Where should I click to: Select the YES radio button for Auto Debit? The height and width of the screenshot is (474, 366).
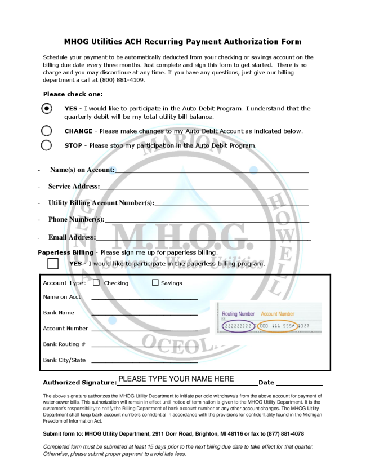[47, 108]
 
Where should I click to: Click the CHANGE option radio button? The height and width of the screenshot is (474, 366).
[47, 131]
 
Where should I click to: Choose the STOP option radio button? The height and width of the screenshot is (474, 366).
[47, 145]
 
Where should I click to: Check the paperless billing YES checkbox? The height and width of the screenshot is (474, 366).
[53, 263]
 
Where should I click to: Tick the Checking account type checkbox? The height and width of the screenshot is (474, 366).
[96, 283]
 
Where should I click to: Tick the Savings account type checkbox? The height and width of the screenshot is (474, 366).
[155, 283]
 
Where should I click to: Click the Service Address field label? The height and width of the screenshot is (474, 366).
[74, 186]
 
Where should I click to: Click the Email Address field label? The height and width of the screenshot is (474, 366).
[72, 237]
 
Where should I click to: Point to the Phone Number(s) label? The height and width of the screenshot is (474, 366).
[76, 219]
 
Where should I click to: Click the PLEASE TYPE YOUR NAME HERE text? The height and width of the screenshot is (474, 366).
[176, 379]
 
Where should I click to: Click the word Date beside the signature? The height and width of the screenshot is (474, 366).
[266, 383]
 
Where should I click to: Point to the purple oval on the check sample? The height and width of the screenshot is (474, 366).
[238, 326]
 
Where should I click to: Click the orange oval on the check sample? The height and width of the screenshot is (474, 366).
[278, 326]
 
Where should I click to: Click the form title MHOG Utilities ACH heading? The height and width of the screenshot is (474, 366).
[182, 42]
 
